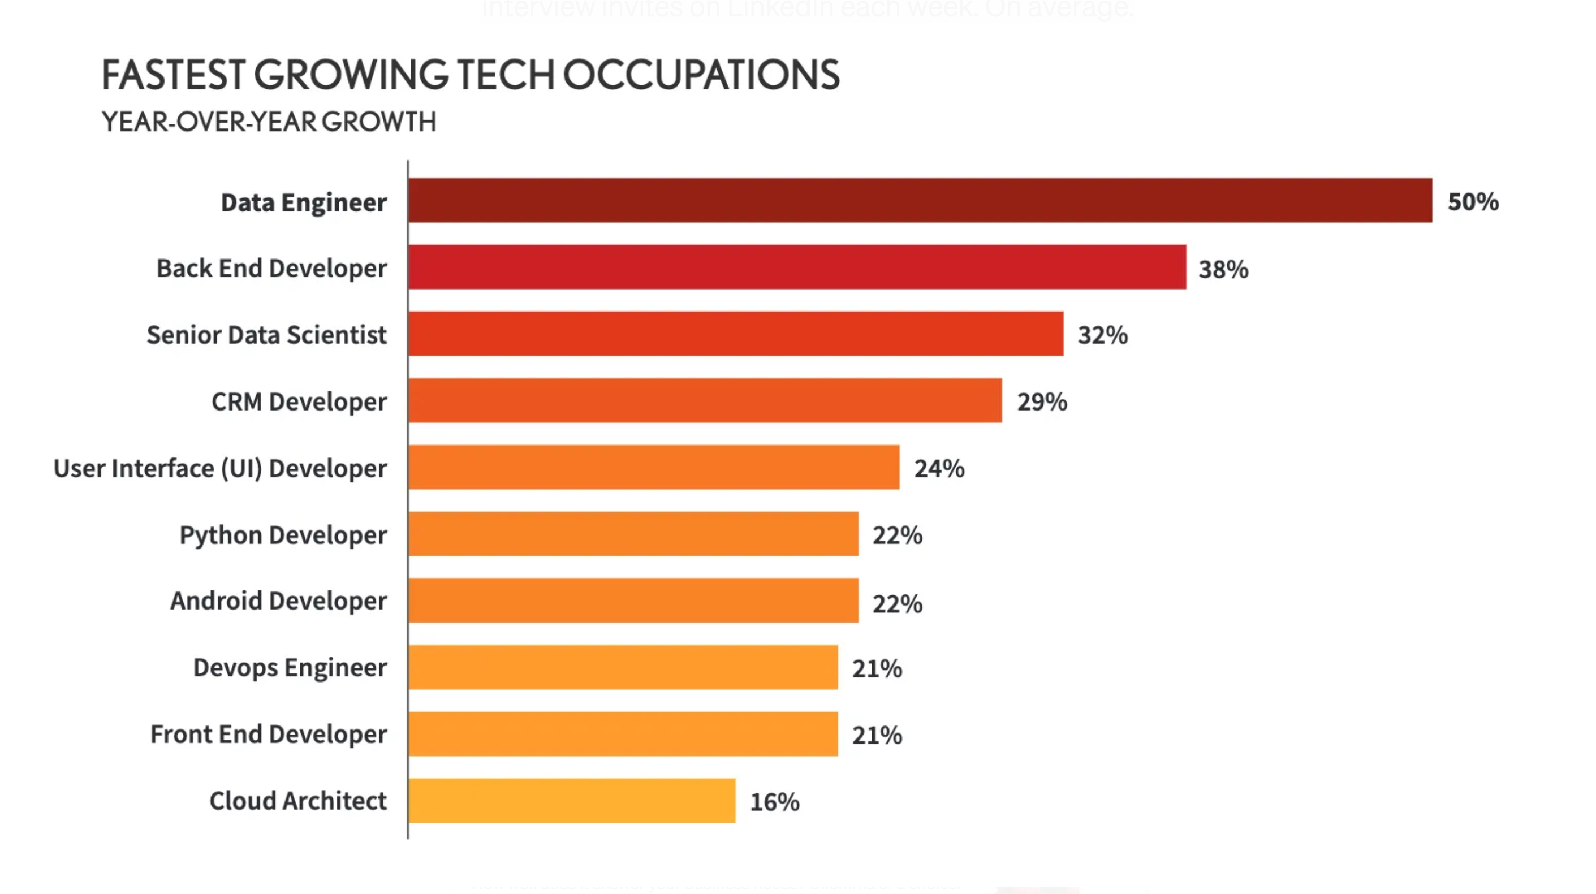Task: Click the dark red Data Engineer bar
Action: coord(920,200)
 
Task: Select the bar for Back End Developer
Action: coord(797,267)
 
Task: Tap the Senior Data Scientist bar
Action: coord(736,334)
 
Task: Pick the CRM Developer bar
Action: coord(705,400)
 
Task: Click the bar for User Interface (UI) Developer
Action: coord(654,467)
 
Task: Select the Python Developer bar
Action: coord(633,534)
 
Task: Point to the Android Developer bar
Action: coord(633,601)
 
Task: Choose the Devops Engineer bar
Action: coord(623,667)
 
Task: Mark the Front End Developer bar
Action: coord(623,734)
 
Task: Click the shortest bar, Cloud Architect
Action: coord(572,801)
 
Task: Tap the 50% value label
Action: coord(1473,202)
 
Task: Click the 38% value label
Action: coord(1223,270)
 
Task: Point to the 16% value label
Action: coord(774,802)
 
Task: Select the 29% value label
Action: coord(1042,402)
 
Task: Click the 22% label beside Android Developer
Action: coord(897,604)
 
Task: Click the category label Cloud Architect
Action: coord(297,801)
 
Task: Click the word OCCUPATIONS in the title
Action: coord(701,76)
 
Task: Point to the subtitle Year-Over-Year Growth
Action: coord(269,122)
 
